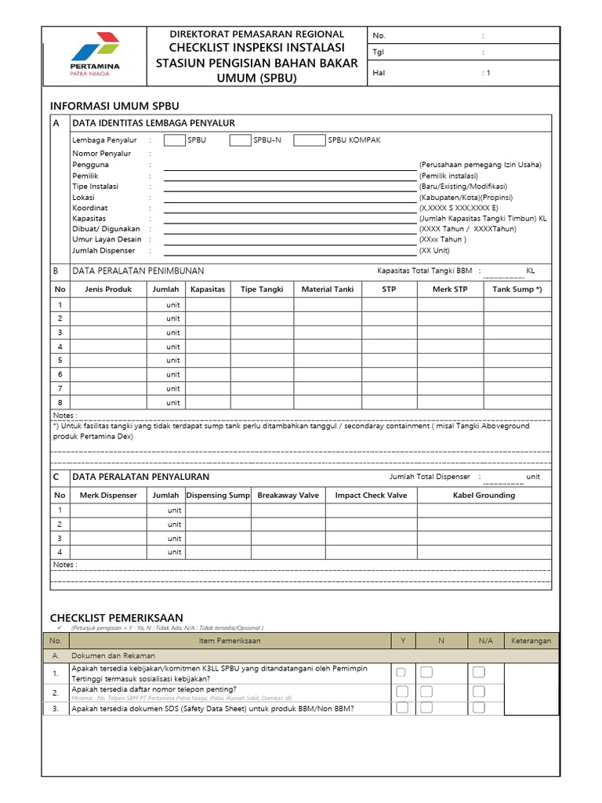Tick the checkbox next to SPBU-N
click(240, 140)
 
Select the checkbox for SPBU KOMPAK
click(309, 140)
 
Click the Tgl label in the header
click(379, 53)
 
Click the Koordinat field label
click(89, 208)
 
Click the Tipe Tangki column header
click(262, 289)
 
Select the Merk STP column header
click(450, 289)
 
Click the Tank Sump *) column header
click(517, 289)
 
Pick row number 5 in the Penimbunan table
click(60, 360)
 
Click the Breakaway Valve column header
click(288, 495)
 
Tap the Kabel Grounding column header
click(484, 495)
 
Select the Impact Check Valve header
click(371, 495)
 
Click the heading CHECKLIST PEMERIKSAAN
click(116, 617)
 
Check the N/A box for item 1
click(479, 672)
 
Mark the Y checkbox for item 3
click(401, 707)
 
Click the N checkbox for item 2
click(426, 691)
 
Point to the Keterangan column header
click(531, 640)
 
